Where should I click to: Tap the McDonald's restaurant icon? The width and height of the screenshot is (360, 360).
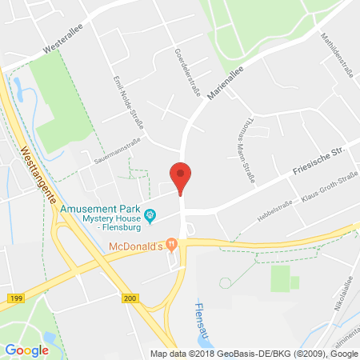pyautogui.click(x=170, y=244)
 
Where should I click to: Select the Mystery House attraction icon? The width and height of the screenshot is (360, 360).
pyautogui.click(x=150, y=214)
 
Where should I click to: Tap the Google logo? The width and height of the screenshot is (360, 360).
pyautogui.click(x=26, y=349)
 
